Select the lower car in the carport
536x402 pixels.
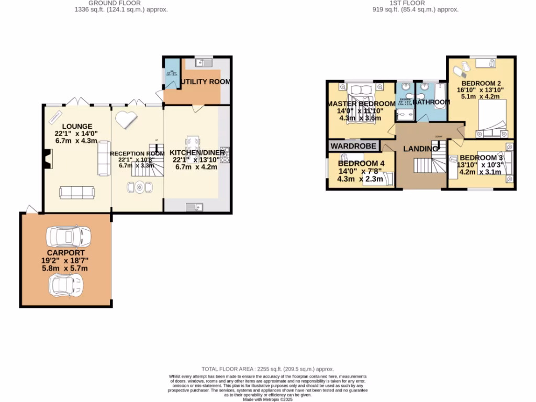(x=65, y=285)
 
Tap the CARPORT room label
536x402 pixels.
(x=65, y=252)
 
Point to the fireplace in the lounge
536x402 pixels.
(x=48, y=159)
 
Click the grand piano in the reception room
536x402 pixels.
(x=126, y=119)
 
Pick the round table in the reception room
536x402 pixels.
(x=139, y=187)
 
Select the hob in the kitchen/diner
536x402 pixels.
(x=225, y=154)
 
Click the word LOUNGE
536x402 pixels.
(x=77, y=126)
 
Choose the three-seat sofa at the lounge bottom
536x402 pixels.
(x=77, y=193)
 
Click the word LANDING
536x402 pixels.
(x=420, y=149)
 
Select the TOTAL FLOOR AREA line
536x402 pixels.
(x=267, y=369)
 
